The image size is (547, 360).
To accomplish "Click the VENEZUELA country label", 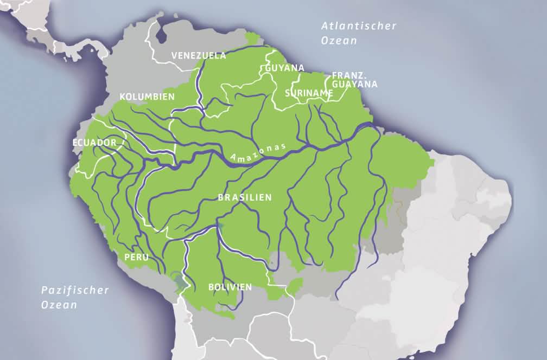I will coord(199,55).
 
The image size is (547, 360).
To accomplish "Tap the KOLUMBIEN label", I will coord(147,97).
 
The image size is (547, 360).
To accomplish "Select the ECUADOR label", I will coord(94,143).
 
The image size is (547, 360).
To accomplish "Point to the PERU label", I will coord(136,258).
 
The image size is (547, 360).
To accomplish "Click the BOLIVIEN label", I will coord(230,287).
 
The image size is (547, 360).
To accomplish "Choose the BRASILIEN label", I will coord(244,198).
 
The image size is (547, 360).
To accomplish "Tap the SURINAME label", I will coord(309,93).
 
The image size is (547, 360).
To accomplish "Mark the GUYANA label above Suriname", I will coord(284,68).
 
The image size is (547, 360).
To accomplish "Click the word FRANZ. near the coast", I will coord(347,75).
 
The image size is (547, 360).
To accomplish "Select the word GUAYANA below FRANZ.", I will coord(355,85).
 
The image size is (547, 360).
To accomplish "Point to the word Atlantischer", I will coord(359,26).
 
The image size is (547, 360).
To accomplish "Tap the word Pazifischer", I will coord(75,290).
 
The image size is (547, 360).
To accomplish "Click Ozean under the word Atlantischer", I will coord(339,41).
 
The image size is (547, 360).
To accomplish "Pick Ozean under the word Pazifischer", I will coord(59,305).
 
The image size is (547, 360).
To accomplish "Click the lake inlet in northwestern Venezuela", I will coord(161,36).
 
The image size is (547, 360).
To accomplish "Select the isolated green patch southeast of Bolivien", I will coord(294,286).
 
